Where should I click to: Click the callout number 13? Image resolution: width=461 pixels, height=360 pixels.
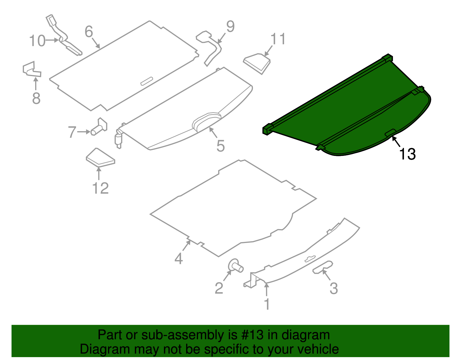[x=407, y=154]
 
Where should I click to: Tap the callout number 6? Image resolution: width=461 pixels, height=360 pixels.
[x=89, y=31]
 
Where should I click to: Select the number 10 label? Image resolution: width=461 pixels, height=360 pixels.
[x=37, y=41]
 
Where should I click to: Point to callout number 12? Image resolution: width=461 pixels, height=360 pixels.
[x=100, y=188]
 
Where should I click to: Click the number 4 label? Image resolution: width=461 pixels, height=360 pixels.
[x=179, y=258]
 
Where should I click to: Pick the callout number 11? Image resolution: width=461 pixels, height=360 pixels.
[x=278, y=39]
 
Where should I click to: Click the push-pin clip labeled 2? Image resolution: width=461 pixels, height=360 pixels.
[x=235, y=265]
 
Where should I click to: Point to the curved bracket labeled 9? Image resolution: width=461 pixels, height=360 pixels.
[x=211, y=48]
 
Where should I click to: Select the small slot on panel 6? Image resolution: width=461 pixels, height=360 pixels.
[x=147, y=81]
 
